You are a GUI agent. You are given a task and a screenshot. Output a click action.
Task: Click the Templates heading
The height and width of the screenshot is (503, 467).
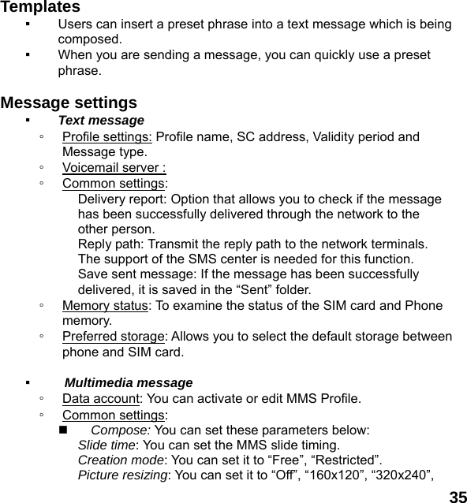[40, 7]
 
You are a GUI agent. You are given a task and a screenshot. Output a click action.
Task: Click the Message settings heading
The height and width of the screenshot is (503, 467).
[69, 103]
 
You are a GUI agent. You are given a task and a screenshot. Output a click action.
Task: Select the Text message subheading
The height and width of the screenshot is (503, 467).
[101, 121]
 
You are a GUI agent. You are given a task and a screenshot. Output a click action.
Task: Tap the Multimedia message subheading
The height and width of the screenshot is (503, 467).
[128, 383]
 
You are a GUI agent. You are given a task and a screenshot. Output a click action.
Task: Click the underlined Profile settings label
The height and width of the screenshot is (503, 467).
[107, 136]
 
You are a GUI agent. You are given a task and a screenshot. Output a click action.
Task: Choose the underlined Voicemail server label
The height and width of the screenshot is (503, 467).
[114, 167]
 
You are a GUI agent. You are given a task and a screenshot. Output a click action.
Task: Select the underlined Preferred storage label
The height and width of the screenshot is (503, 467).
[113, 337]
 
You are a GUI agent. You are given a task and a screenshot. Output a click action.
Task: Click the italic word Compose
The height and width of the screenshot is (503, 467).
[120, 430]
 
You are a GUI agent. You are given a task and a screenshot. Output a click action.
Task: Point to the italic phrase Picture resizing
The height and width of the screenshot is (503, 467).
[122, 475]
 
